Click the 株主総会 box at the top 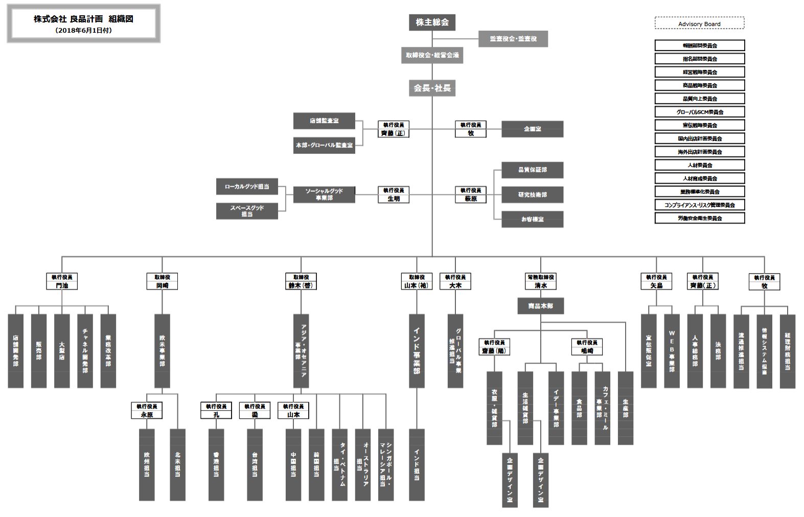[x=432, y=23]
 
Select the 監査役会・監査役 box [x=513, y=39]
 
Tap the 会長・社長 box [x=432, y=88]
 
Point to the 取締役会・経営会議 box [x=432, y=55]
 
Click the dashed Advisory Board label [x=699, y=24]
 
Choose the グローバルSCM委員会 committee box [x=699, y=112]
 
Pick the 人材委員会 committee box [x=699, y=165]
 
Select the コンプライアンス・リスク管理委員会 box [x=699, y=205]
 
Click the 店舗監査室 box [x=324, y=121]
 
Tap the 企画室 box [x=532, y=129]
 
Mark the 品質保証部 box [x=532, y=170]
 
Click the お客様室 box [x=532, y=219]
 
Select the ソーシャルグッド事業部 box [x=324, y=194]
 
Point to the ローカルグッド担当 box [x=247, y=187]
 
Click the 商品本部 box [x=540, y=306]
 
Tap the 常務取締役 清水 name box [x=541, y=282]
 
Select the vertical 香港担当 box [x=216, y=464]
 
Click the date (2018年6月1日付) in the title [x=83, y=31]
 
